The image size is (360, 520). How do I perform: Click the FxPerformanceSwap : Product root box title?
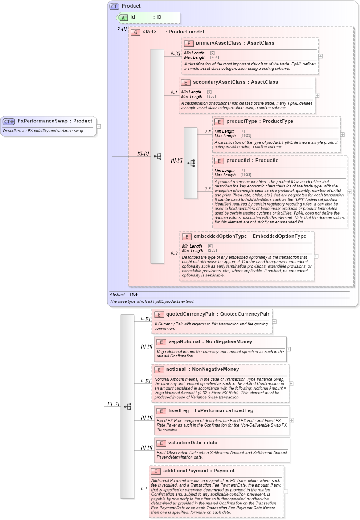pyautogui.click(x=54, y=121)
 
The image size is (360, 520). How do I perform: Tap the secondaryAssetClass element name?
pyautogui.click(x=219, y=82)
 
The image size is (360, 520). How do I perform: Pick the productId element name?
pyautogui.click(x=240, y=161)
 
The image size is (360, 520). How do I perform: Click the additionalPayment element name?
pyautogui.click(x=185, y=471)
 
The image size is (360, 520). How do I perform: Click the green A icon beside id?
pyautogui.click(x=123, y=17)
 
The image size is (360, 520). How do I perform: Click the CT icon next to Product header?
pyautogui.click(x=115, y=6)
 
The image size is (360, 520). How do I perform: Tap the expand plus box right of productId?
pyautogui.click(x=350, y=192)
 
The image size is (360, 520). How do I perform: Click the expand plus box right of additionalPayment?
pyautogui.click(x=286, y=492)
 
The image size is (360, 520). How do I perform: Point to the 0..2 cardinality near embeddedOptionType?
pyautogui.click(x=175, y=253)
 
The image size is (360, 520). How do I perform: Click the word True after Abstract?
pyautogui.click(x=133, y=295)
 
